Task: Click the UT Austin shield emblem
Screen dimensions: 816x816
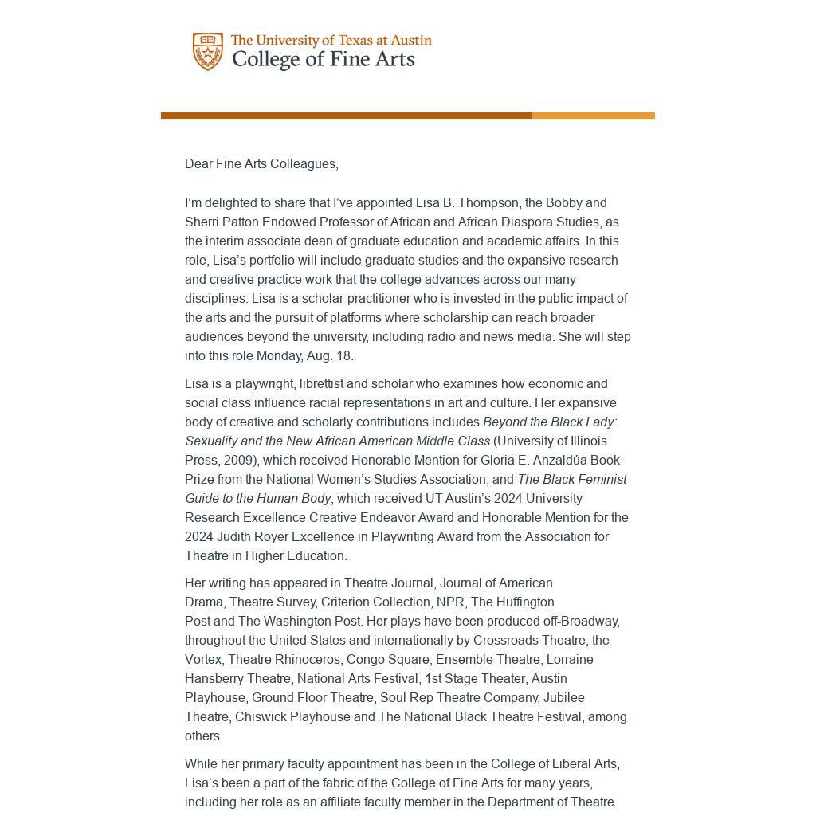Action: [x=208, y=52]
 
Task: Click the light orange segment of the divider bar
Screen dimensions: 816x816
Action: [x=593, y=116]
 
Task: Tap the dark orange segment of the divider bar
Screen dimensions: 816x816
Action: [x=346, y=116]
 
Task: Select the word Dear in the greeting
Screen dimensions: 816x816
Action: [x=198, y=164]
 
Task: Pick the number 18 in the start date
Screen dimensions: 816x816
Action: [x=345, y=356]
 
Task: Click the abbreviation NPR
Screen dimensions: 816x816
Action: [x=450, y=602]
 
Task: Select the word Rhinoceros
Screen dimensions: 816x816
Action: [x=307, y=660]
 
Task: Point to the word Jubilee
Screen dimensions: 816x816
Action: [x=563, y=698]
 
